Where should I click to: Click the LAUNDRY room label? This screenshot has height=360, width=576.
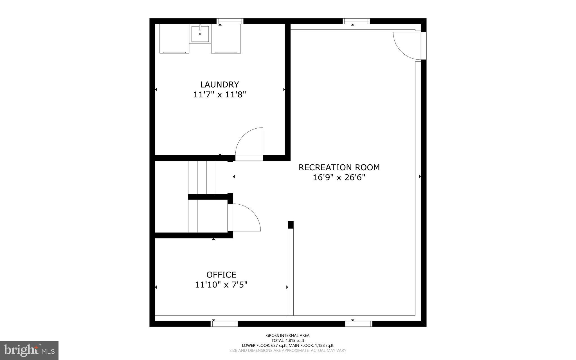click(219, 84)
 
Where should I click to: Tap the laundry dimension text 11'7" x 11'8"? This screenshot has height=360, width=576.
click(219, 95)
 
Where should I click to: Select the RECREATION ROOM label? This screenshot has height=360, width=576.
click(339, 167)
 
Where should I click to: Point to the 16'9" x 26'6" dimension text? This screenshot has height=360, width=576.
click(339, 178)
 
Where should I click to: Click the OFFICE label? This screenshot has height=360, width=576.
click(221, 275)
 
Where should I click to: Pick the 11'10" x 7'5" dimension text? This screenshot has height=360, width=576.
click(221, 285)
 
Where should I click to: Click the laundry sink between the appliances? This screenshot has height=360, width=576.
click(200, 34)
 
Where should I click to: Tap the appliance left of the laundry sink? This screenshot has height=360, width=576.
click(174, 39)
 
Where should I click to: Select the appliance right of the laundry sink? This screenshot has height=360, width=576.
click(226, 39)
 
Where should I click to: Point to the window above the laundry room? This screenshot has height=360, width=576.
click(230, 21)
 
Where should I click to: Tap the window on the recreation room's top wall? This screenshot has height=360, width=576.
click(356, 21)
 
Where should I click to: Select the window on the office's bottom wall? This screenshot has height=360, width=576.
click(224, 324)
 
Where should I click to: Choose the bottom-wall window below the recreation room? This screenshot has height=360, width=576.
click(359, 324)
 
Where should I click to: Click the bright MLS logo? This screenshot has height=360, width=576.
click(29, 350)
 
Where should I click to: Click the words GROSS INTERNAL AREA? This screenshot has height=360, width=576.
click(288, 336)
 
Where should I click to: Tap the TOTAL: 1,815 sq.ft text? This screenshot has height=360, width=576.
click(288, 341)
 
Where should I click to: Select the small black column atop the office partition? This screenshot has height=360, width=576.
click(291, 225)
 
